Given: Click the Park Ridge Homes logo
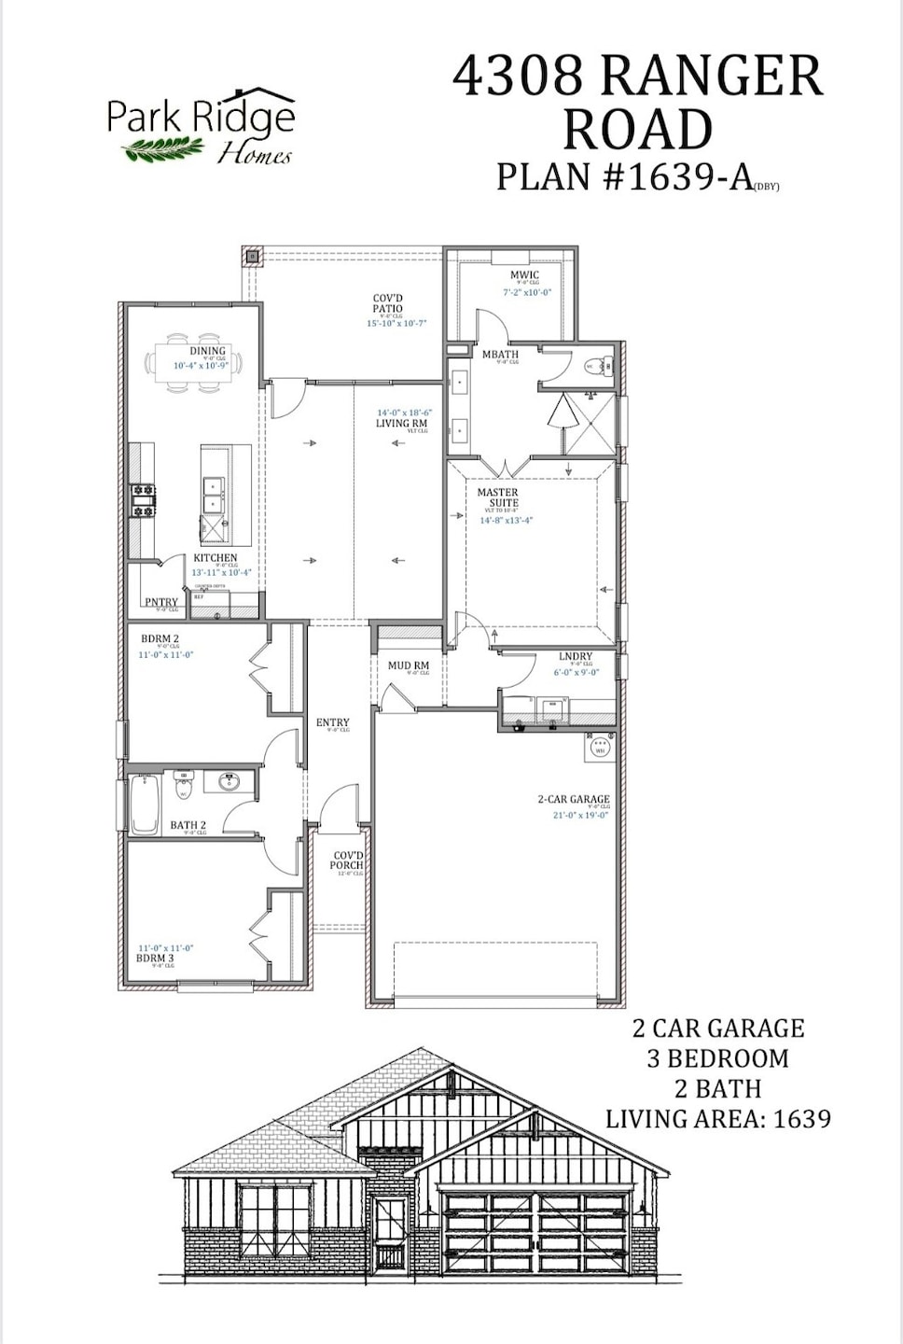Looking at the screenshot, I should coord(201,129).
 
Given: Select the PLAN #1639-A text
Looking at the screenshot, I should coord(625,176).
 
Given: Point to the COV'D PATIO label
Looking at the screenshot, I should coord(388,303).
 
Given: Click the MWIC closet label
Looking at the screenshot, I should coord(524,275).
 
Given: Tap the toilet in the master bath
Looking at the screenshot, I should coord(597,367).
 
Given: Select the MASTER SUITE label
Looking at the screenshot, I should coord(498,497).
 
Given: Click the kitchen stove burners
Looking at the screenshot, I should coord(143,499).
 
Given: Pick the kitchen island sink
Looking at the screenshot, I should coord(214,495).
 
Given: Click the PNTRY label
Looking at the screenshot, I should coord(160,603).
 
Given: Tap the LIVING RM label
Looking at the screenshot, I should coord(401,424).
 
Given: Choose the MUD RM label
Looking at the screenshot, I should coord(409,665).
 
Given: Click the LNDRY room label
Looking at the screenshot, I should coord(575,657).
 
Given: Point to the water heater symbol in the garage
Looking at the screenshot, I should coord(600,747).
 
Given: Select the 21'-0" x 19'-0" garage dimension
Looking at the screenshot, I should coord(580,815).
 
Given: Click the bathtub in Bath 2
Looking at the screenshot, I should coord(145,805).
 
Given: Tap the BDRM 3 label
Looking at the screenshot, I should coord(155,959).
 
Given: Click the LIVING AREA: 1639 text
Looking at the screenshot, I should coord(717,1118).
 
